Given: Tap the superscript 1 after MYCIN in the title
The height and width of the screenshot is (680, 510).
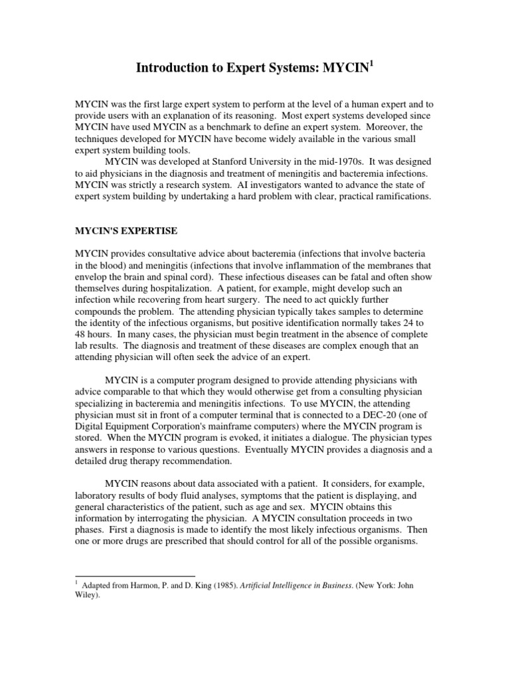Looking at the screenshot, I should pyautogui.click(x=371, y=63).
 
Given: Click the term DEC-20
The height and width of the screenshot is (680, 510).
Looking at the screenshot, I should pyautogui.click(x=369, y=411).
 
